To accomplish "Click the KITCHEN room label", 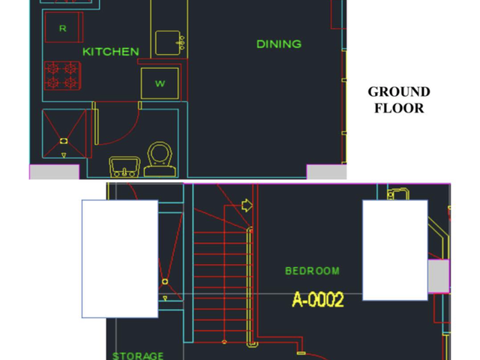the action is tap(111, 52).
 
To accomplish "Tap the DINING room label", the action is tap(279, 44).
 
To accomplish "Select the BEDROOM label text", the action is tap(312, 271).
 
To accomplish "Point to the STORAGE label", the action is tap(138, 355).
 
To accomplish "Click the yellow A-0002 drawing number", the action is tap(318, 299).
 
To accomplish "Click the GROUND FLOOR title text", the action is tap(399, 100).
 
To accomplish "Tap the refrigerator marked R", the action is tap(64, 27).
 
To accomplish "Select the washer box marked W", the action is tap(160, 83).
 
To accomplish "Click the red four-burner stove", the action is tap(62, 76).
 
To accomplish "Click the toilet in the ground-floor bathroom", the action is tap(160, 159).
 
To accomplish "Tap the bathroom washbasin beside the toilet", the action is tap(124, 167).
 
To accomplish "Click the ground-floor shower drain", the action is tap(64, 141).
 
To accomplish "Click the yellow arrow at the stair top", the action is tap(247, 205).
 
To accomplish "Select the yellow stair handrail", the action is tap(250, 287).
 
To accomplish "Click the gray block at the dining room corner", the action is tap(327, 172).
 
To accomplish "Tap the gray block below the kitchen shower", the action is tap(54, 172).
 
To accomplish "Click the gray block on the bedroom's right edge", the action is tap(439, 276).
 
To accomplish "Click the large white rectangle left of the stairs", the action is tap(120, 259).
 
